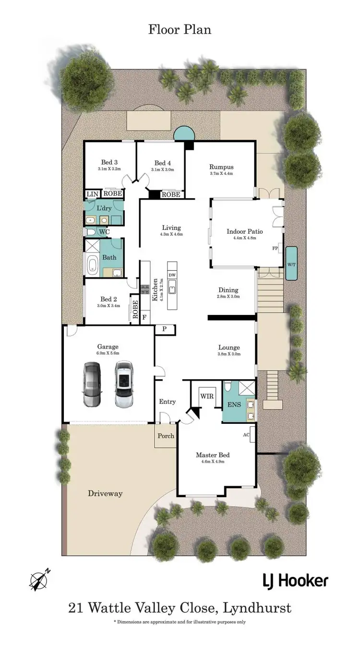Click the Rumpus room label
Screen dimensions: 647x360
pos(221,167)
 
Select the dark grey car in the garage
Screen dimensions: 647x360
pos(92,384)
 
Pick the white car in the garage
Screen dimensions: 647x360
pos(124,384)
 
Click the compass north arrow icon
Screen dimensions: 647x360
pos(39,580)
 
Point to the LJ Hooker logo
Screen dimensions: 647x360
pos(295,581)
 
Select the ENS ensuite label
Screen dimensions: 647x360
pos(234,405)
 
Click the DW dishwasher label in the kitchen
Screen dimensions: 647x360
pos(172,275)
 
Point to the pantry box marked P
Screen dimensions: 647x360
pos(164,330)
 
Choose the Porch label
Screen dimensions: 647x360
pos(166,436)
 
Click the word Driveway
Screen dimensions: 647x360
pos(105,493)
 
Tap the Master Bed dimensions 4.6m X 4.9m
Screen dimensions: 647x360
pos(212,462)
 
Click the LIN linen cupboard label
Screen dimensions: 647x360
pos(91,194)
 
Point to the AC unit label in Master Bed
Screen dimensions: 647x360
pos(246,435)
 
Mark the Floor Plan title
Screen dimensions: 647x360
pos(180,30)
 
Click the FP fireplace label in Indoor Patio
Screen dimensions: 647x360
pos(275,249)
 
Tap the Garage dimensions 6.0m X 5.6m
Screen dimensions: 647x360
pos(108,353)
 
